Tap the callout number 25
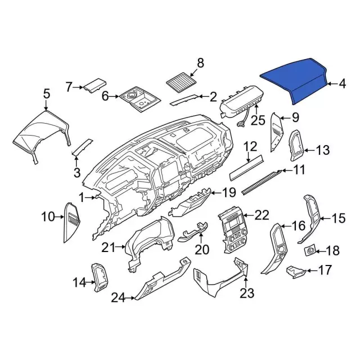pos(258,120)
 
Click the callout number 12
pos(250,146)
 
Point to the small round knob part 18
pos(310,250)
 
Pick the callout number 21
pos(109,247)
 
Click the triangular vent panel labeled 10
pos(71,222)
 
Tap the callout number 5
pos(47,94)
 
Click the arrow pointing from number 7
pos(78,87)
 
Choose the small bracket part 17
pos(296,272)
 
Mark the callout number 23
pos(247,293)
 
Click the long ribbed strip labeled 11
pos(262,181)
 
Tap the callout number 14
pos(79,282)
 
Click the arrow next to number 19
pos(215,192)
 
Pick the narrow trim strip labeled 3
pos(83,147)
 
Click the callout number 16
pos(298,226)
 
